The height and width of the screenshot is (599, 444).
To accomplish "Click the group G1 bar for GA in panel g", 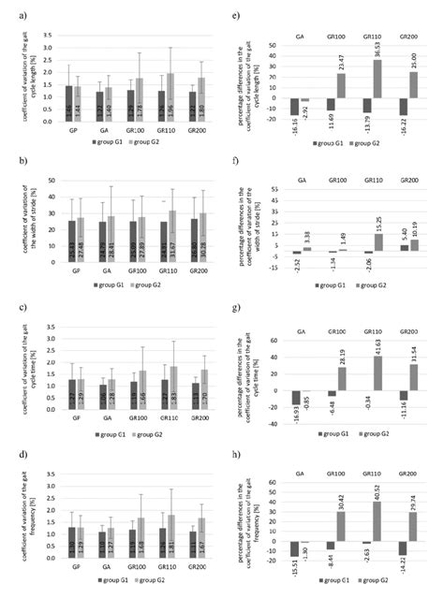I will [x=296, y=397].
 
